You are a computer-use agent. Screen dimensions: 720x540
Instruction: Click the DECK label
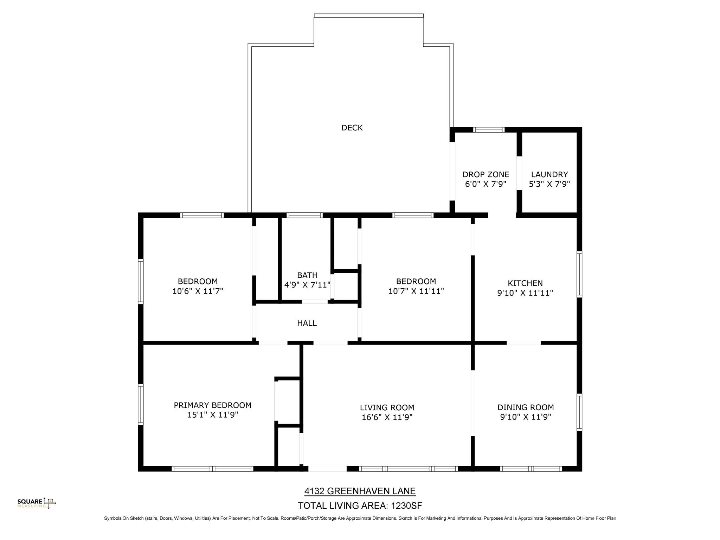coord(352,128)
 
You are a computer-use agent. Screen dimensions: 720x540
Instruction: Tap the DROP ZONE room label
coord(486,174)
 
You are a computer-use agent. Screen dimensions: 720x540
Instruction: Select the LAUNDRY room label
coord(549,174)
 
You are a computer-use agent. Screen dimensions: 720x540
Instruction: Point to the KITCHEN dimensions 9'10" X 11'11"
coord(525,293)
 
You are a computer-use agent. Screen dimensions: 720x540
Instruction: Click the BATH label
coord(307,275)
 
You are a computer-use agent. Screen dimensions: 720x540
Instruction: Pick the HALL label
coord(307,323)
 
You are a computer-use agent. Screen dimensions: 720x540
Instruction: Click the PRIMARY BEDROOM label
coord(213,405)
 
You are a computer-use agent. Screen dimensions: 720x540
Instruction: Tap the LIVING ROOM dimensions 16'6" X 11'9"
coord(387,417)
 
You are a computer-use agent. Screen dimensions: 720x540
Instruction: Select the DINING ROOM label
coord(526,407)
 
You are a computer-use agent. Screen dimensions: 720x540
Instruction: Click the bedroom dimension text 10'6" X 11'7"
coord(198,291)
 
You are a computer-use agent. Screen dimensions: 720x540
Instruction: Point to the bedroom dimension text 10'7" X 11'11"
coord(416,291)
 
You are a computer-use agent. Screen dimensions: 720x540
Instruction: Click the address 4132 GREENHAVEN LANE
coord(360,491)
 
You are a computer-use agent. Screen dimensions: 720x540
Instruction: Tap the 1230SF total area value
coord(407,506)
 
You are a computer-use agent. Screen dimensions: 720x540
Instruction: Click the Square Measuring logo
coord(37,503)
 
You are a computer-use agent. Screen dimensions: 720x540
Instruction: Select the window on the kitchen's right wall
coord(579,275)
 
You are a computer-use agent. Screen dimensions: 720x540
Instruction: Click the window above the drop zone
coord(489,130)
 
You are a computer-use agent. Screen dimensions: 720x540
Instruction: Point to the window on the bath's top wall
coord(304,215)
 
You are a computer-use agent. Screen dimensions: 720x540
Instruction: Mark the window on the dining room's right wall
coord(579,412)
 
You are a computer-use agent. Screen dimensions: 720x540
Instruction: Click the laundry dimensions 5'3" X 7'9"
coord(549,184)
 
